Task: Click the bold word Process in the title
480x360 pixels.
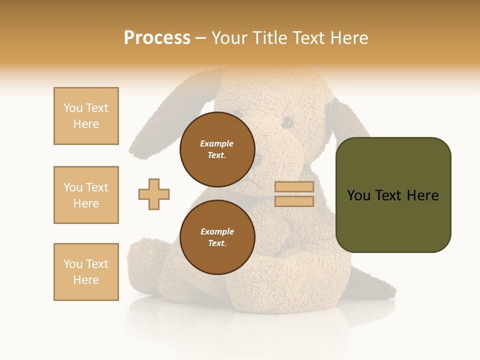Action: point(157,38)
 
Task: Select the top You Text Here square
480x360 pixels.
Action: point(86,116)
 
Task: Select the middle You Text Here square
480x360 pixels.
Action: point(86,195)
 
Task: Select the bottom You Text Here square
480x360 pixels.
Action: point(86,272)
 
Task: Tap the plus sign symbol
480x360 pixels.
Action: point(154,194)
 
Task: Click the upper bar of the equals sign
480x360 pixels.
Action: point(294,186)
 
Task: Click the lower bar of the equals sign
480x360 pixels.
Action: point(294,201)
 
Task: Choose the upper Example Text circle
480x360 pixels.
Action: point(217,149)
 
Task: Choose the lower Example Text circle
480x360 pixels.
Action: point(217,237)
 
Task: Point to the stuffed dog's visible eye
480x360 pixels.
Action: point(287,122)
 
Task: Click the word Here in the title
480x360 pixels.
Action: point(348,38)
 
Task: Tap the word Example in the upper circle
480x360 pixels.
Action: point(217,143)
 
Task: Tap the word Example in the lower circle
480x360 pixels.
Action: point(217,231)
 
